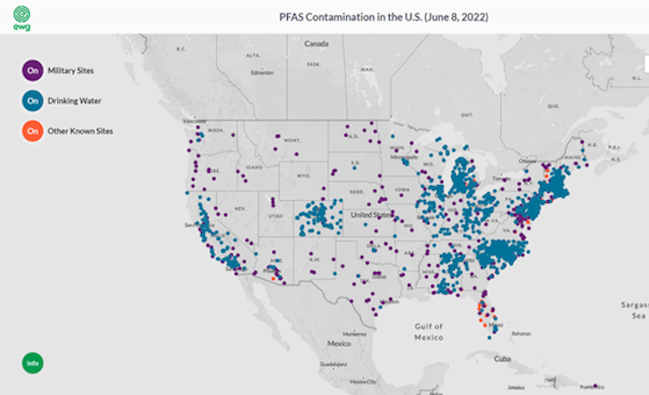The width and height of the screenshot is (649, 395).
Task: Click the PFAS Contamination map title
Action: coord(383,17)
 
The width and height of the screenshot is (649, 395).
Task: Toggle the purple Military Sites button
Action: coord(33,70)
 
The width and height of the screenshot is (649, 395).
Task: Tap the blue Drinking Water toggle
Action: coord(33,101)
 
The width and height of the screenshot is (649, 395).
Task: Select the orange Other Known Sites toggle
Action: coord(33,131)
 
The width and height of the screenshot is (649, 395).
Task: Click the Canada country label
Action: coord(316,43)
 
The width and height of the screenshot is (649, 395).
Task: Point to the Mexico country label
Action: coord(339,344)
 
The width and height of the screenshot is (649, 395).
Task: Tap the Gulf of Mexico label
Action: coord(429,332)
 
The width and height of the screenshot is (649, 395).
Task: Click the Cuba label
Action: coord(502,359)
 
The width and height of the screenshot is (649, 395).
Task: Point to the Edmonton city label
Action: coord(262,73)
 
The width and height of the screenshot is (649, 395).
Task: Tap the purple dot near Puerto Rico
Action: coord(595,386)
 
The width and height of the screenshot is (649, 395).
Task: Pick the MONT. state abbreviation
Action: coord(292,140)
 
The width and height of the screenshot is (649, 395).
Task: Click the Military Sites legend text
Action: coord(70,71)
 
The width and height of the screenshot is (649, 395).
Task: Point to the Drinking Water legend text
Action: coord(74,101)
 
